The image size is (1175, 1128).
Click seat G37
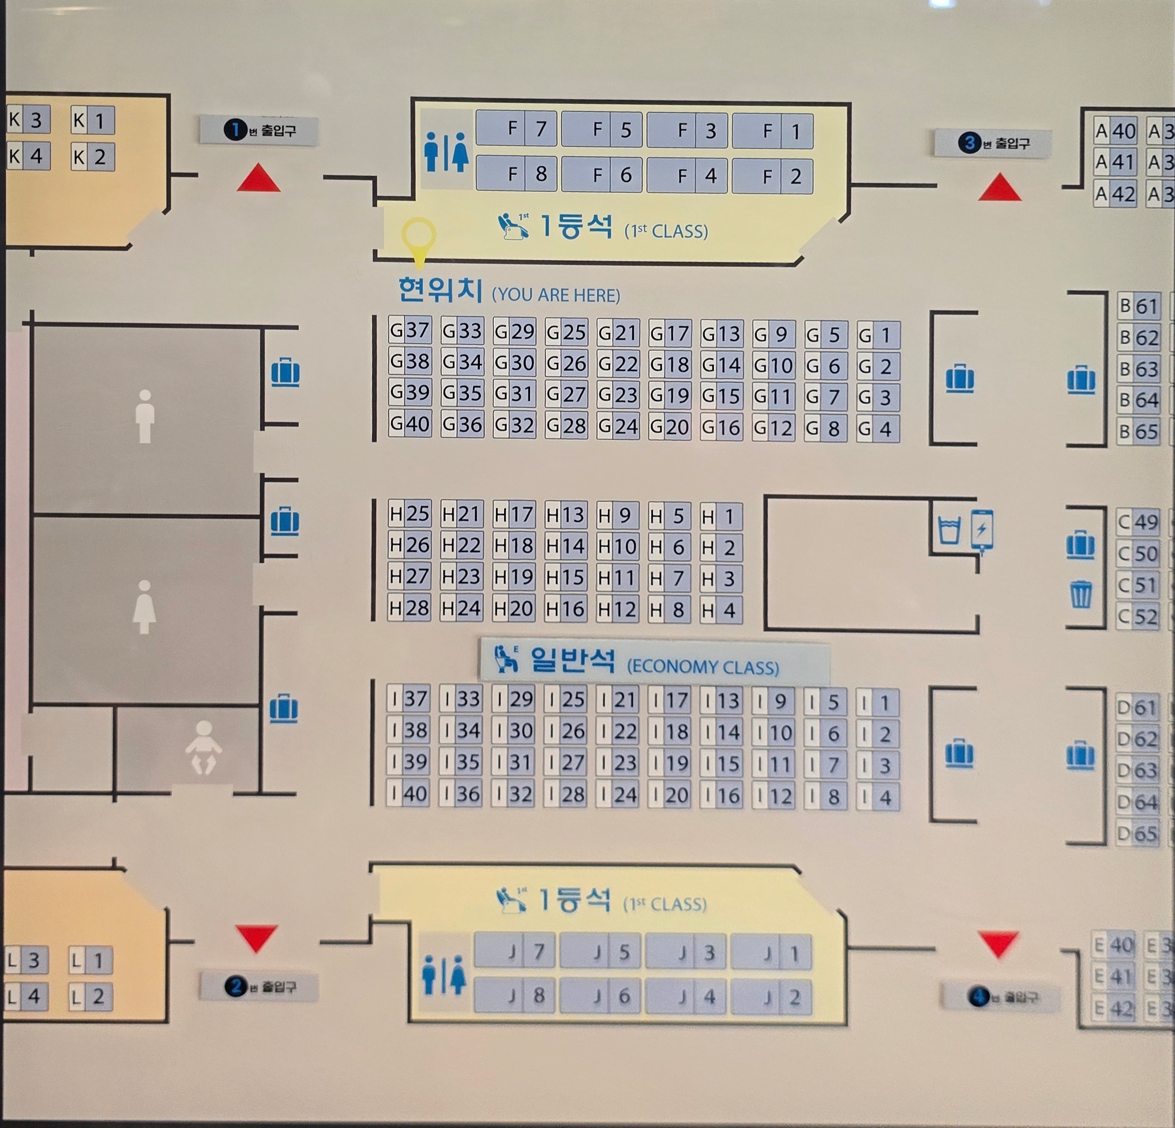[x=410, y=331]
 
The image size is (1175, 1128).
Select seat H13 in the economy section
[x=565, y=515]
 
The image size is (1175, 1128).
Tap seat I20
[x=669, y=795]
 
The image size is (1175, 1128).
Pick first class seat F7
[x=516, y=128]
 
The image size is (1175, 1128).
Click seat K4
[x=27, y=156]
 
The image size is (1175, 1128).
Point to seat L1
[x=89, y=961]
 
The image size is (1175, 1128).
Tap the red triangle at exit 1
[x=258, y=179]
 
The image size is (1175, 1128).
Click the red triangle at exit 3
[x=999, y=188]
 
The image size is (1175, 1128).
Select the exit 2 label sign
[x=259, y=987]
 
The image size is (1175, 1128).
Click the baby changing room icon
[x=203, y=747]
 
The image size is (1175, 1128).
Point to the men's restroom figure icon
[x=144, y=416]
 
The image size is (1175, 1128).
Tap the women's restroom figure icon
[x=144, y=606]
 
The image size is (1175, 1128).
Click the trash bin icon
[x=1081, y=594]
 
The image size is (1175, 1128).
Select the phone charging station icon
[x=982, y=530]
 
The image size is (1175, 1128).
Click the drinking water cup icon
[x=949, y=530]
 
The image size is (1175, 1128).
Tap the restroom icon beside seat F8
[x=445, y=152]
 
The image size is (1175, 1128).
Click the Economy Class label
[x=655, y=661]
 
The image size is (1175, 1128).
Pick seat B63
[x=1138, y=369]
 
